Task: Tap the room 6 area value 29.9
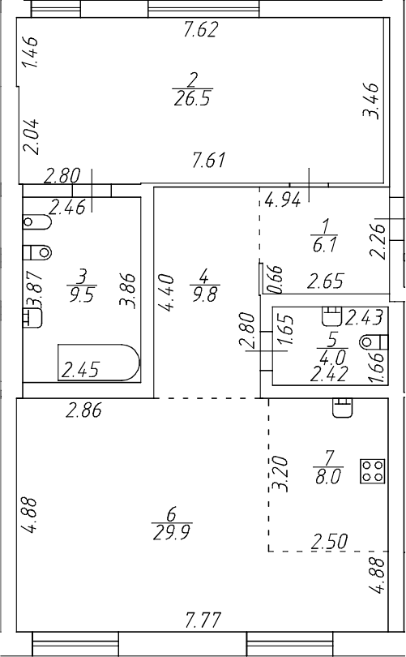coord(171,531)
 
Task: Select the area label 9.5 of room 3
coord(81,295)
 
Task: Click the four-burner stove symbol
coord(373,471)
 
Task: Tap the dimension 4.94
coord(283,197)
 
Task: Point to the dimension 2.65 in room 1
coord(326,282)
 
